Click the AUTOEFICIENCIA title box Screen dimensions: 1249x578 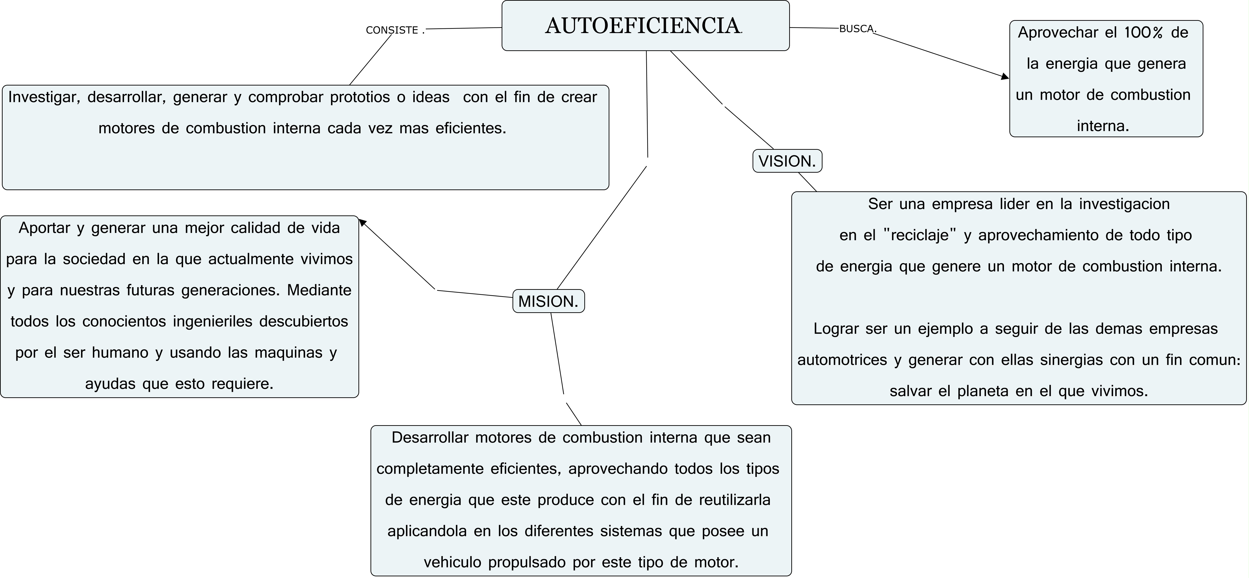pyautogui.click(x=645, y=26)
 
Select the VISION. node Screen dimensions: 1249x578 pyautogui.click(x=787, y=161)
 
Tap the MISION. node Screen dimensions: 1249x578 pyautogui.click(x=548, y=301)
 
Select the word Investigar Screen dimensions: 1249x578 pyautogui.click(x=44, y=97)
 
